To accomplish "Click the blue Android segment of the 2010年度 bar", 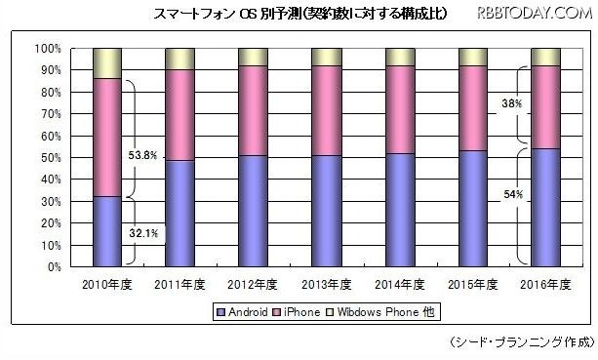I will click(108, 231).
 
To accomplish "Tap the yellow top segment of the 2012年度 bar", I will click(253, 57).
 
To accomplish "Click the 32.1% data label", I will click(141, 234).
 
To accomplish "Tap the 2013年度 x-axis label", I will click(327, 285).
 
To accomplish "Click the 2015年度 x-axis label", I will click(473, 285).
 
